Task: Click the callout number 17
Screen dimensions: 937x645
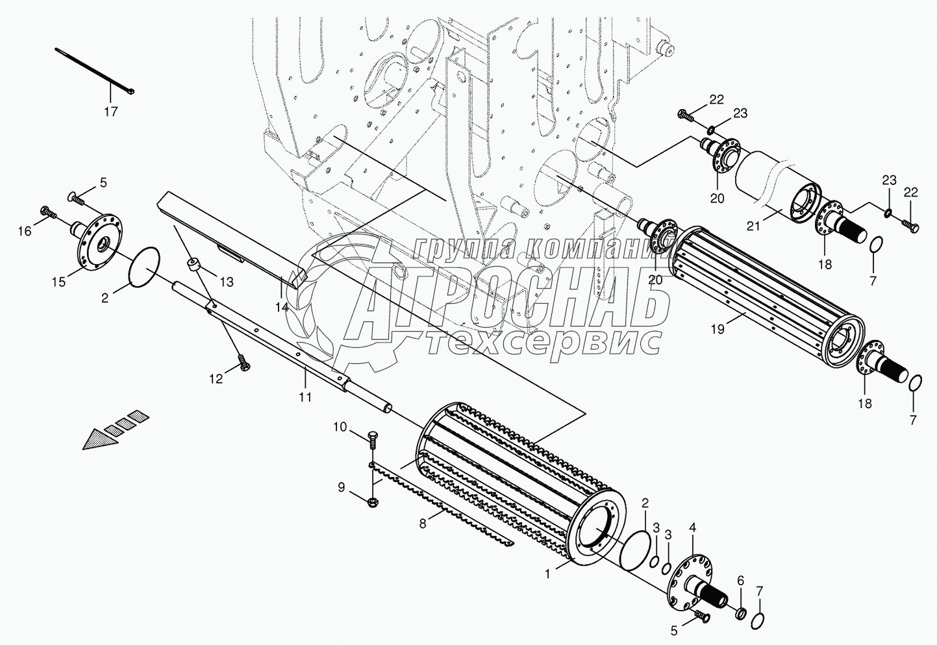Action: (x=111, y=112)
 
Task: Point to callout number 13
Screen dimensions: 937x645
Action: (x=226, y=282)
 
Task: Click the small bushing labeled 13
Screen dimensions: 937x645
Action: (x=193, y=266)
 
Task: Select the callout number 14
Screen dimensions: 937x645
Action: (x=281, y=307)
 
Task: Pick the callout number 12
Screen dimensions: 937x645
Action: (x=216, y=378)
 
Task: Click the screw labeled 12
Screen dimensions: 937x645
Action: (x=244, y=363)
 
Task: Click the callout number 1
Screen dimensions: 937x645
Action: (x=549, y=573)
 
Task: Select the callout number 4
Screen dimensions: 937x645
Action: (x=693, y=528)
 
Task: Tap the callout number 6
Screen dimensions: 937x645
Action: (x=741, y=581)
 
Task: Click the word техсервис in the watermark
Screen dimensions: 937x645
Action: (x=544, y=343)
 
